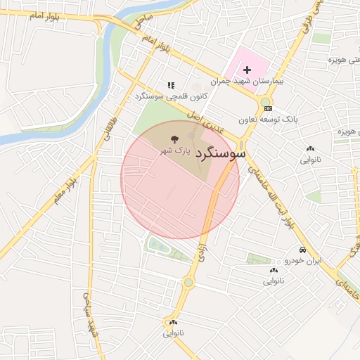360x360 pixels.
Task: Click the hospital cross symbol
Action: coord(247,70)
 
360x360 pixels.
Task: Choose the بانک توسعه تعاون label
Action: coord(268,120)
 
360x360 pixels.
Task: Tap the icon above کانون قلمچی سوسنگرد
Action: coord(170,85)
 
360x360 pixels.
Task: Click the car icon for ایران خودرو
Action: coord(302,250)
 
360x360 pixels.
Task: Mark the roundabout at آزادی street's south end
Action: coord(188,283)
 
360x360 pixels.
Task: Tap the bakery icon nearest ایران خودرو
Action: coord(273,271)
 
